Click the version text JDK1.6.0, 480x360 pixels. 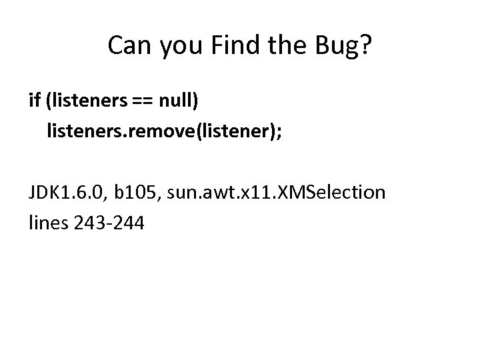(x=71, y=194)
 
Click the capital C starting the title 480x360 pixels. (x=115, y=47)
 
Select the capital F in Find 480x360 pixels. (x=215, y=47)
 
